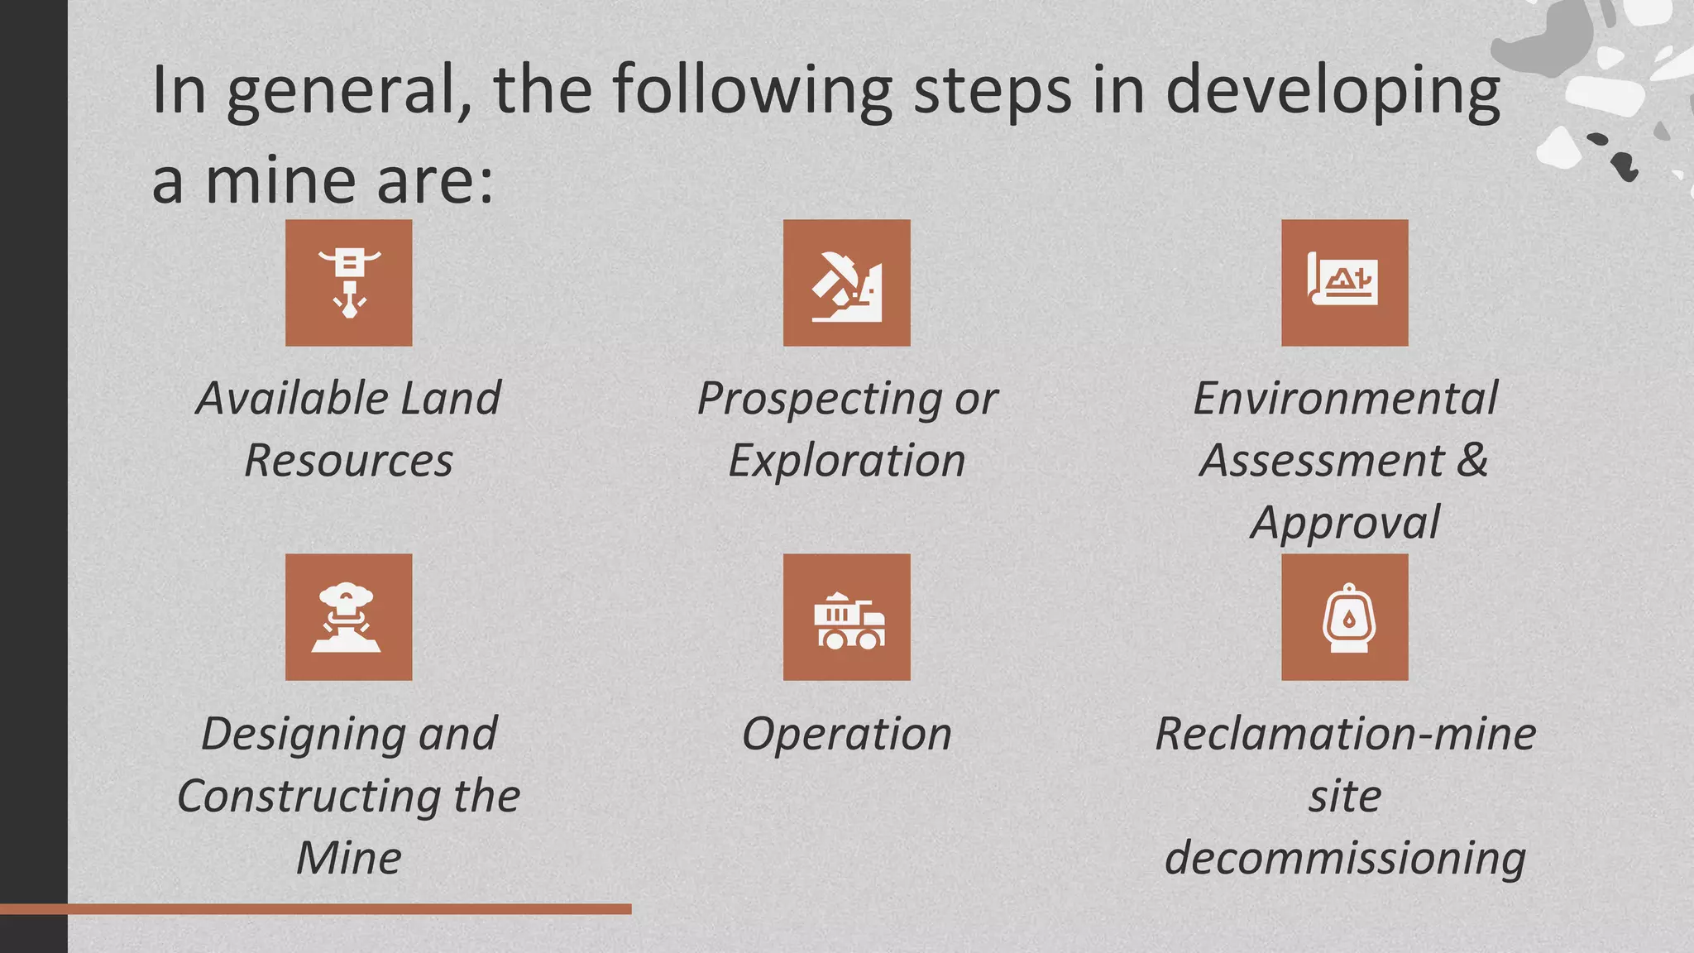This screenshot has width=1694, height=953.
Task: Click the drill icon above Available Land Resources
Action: tap(348, 283)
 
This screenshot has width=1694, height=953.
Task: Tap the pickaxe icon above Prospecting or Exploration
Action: tap(846, 283)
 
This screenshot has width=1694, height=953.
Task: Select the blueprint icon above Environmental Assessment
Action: tap(1344, 283)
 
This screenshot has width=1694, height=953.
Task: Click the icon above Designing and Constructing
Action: tap(348, 617)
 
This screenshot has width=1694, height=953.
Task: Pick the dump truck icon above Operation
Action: tap(846, 617)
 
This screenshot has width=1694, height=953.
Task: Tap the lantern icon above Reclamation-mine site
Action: tap(1344, 617)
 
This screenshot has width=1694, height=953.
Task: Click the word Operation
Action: tap(846, 734)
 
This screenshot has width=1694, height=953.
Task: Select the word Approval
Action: tap(1345, 523)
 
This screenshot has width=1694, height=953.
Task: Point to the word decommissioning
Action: tap(1345, 858)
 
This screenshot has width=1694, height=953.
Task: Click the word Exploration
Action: tap(846, 461)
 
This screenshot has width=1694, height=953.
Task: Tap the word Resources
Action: tap(348, 461)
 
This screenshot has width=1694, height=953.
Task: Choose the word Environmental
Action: tap(1345, 399)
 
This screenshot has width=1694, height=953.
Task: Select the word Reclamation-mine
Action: tap(1345, 734)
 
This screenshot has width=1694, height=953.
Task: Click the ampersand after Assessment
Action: tap(1472, 460)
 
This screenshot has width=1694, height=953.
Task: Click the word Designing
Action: tap(303, 735)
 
